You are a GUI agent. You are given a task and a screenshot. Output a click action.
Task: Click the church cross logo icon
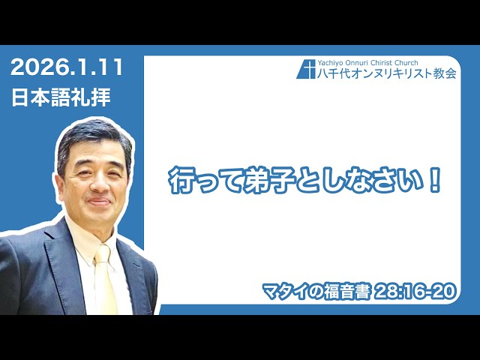306,68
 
